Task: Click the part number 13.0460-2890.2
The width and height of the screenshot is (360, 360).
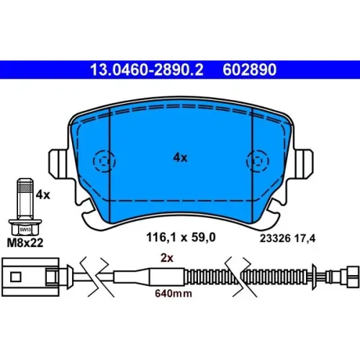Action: tap(147, 70)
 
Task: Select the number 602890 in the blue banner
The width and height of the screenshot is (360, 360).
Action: tap(250, 70)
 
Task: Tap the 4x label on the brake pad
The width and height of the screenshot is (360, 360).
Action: tap(180, 158)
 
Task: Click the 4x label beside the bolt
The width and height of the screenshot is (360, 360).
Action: tap(43, 195)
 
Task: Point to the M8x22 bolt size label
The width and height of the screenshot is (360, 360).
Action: tap(25, 243)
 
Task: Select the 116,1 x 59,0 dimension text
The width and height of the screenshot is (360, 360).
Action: tap(181, 238)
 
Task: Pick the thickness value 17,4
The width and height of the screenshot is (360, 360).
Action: tap(305, 239)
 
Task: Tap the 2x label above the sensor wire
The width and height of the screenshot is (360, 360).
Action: tap(167, 258)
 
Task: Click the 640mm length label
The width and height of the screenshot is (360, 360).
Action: tap(174, 294)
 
